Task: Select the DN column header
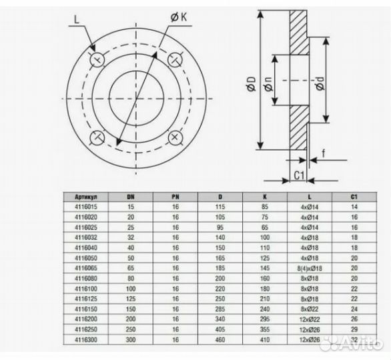[x=130, y=197]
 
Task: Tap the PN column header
[x=175, y=197]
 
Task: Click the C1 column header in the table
[x=354, y=197]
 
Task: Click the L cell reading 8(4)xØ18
[x=309, y=266]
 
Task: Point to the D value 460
[x=220, y=340]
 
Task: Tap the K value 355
[x=265, y=330]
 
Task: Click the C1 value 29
[x=354, y=330]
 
